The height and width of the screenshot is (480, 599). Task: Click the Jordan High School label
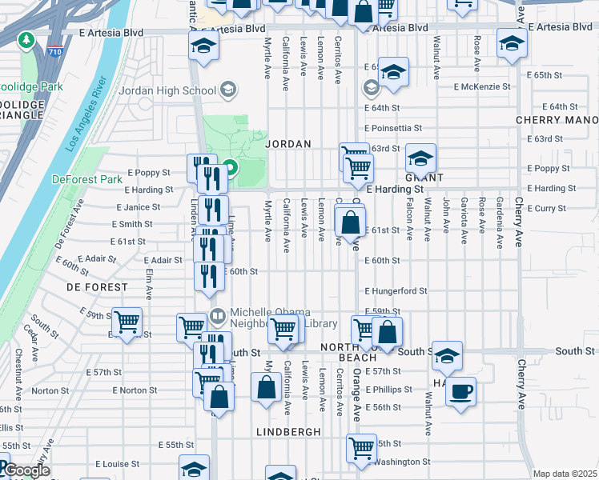click(x=167, y=90)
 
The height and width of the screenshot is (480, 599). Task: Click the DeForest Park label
click(x=80, y=179)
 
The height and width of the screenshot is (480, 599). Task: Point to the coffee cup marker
click(x=460, y=392)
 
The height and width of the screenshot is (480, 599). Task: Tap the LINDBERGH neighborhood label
click(x=288, y=431)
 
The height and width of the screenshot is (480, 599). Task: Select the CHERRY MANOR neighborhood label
click(x=557, y=120)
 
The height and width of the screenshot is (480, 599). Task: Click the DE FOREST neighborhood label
click(x=97, y=286)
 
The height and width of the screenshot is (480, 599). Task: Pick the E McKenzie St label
click(x=481, y=86)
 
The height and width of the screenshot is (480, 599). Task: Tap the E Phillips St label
click(x=388, y=390)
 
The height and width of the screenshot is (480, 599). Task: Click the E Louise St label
click(x=117, y=463)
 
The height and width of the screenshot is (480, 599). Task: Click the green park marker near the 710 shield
click(x=26, y=39)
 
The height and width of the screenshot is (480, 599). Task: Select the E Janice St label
click(x=143, y=207)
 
